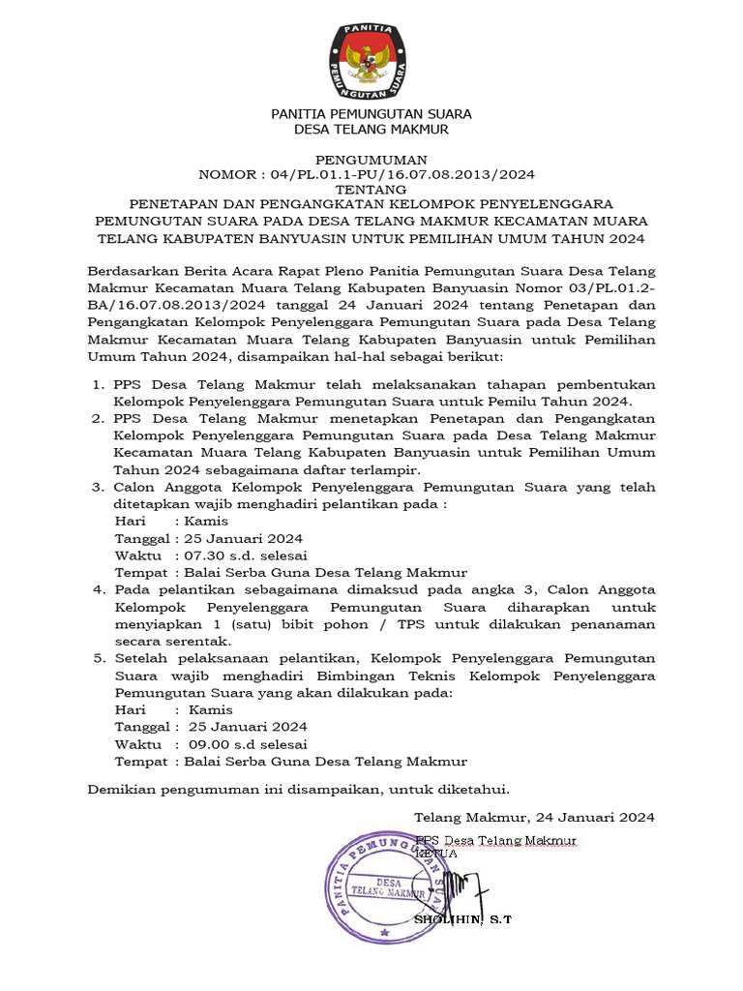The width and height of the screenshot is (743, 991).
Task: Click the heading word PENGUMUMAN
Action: pos(371,159)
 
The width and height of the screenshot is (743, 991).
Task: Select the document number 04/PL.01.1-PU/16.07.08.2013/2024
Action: pos(398,174)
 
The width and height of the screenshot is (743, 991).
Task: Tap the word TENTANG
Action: pos(371,190)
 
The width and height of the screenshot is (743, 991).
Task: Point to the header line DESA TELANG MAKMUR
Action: pos(371,129)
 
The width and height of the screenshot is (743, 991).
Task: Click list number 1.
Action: pos(98,384)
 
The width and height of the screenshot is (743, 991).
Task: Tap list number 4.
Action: pos(98,589)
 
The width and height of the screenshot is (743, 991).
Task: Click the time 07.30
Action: pos(204,555)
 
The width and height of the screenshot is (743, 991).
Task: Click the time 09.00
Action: pos(208,744)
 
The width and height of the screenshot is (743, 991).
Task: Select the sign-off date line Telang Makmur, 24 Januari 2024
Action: pos(534,817)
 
